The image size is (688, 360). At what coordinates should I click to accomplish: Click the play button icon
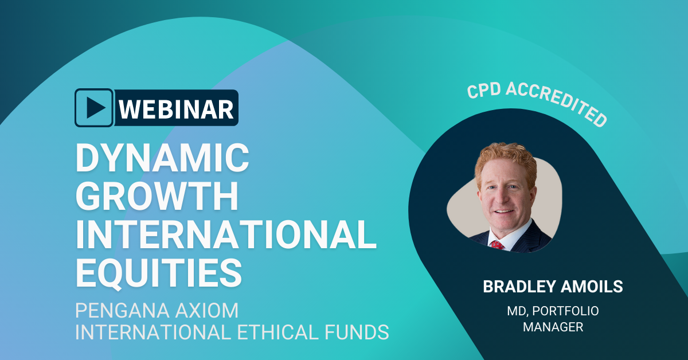tap(94, 108)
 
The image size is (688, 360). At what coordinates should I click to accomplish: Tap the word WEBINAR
tap(177, 109)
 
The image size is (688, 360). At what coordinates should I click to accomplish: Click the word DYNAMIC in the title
tap(162, 158)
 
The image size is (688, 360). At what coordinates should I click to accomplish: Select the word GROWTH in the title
tap(157, 195)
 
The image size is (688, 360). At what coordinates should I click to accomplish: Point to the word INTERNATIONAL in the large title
tap(226, 234)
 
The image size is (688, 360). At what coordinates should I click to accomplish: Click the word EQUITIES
tap(159, 272)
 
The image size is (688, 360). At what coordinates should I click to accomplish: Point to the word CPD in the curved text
tap(484, 91)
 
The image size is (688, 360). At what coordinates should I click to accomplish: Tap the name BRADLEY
tap(519, 287)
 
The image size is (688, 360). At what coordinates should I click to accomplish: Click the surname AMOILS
tap(592, 287)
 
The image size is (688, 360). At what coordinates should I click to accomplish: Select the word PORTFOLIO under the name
tap(565, 311)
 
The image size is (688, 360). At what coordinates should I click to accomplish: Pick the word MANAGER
tap(553, 327)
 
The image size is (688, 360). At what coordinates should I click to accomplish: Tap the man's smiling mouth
tap(503, 212)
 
